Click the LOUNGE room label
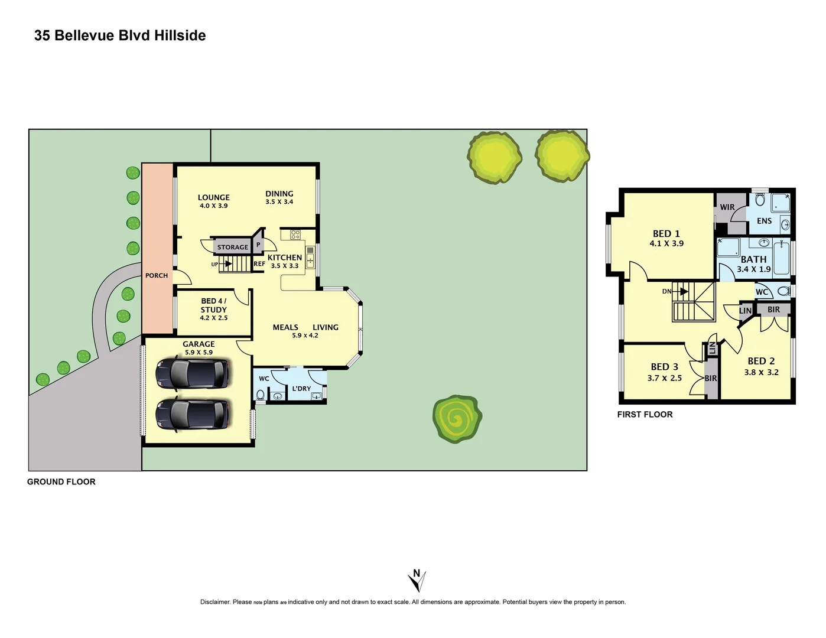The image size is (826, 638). [x=213, y=198]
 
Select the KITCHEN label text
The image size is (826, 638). [x=284, y=258]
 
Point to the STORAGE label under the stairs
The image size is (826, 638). [x=232, y=248]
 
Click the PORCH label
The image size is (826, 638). [x=157, y=276]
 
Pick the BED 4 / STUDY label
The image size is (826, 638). [x=213, y=305]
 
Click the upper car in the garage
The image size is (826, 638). [x=191, y=373]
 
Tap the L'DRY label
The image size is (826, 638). [x=301, y=389]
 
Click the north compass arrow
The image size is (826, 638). [x=417, y=581]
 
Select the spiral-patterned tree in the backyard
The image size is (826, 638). [x=457, y=419]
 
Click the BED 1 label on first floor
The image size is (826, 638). [x=666, y=234]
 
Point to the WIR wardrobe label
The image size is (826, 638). [x=727, y=207]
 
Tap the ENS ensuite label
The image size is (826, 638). [x=764, y=221]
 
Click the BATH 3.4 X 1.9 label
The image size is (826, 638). [x=753, y=263]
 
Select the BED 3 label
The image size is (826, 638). [x=664, y=367]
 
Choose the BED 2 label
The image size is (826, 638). [x=761, y=361]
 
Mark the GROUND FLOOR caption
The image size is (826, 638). [x=61, y=482]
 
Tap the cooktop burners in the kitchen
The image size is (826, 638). [x=295, y=235]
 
